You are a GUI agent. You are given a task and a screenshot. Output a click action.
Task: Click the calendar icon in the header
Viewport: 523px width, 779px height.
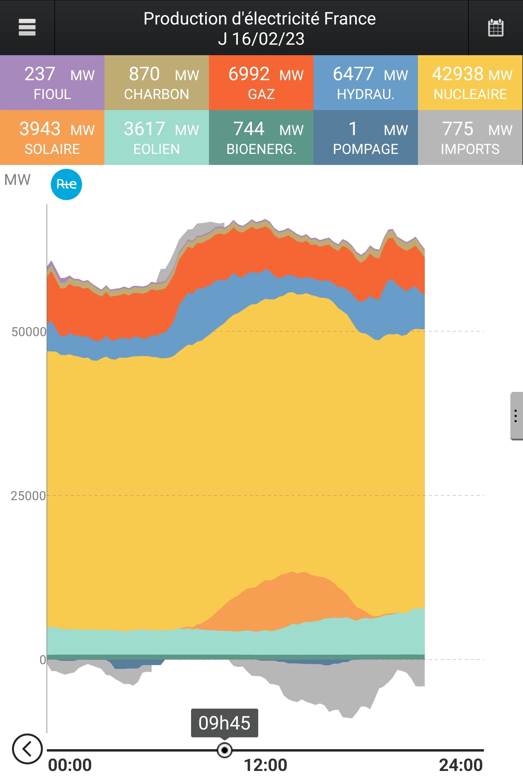(x=495, y=28)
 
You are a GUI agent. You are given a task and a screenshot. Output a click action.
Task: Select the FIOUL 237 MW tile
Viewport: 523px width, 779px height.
(x=52, y=83)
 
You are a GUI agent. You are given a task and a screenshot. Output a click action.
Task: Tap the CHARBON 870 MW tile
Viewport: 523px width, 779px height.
(x=157, y=83)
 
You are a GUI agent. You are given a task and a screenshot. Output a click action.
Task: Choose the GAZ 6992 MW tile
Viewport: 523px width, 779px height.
(x=261, y=83)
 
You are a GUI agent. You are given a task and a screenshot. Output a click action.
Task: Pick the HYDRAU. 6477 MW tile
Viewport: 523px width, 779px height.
(x=366, y=83)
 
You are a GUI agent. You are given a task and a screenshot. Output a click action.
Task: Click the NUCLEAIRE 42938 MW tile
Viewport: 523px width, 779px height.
(x=470, y=83)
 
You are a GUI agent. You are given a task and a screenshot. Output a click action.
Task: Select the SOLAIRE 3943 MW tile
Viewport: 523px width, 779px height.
(x=52, y=137)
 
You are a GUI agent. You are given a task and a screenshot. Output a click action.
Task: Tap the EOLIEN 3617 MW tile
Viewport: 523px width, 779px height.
(x=157, y=137)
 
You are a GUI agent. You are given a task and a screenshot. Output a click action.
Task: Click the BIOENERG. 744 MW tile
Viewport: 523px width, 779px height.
(x=261, y=137)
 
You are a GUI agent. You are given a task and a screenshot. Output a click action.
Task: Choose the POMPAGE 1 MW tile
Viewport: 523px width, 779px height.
(x=366, y=137)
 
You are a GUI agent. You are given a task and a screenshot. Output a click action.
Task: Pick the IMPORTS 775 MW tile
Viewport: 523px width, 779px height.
(x=470, y=137)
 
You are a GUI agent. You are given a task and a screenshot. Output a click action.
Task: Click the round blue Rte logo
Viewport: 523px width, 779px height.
(x=66, y=184)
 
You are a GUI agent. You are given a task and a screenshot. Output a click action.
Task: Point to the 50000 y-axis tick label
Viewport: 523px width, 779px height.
(x=29, y=332)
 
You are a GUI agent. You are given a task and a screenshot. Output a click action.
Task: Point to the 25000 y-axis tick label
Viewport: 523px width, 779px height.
(x=28, y=496)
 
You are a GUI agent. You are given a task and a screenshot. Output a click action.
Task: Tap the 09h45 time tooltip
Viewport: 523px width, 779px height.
(x=224, y=722)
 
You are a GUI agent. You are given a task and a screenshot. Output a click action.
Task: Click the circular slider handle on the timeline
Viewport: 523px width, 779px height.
(x=224, y=750)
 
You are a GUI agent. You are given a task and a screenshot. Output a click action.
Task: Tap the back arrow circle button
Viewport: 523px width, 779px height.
(x=27, y=749)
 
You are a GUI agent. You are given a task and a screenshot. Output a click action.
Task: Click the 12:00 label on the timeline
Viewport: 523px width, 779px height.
(x=265, y=765)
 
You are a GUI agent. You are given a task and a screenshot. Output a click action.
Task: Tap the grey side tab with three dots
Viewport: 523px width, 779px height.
(x=516, y=416)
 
